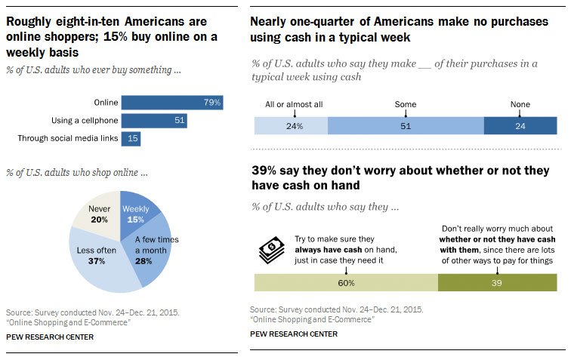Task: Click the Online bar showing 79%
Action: (171, 103)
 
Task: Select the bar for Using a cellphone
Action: (154, 121)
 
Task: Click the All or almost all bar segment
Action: (291, 126)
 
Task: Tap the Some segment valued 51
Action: (406, 126)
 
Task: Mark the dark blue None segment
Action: (520, 126)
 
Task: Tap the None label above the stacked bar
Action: (520, 105)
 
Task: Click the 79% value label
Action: (211, 103)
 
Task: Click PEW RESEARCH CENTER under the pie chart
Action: (50, 337)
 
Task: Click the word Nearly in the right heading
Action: (270, 23)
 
